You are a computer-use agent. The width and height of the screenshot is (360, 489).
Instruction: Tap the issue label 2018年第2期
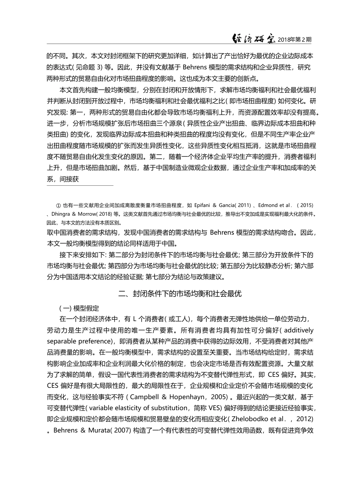[x=295, y=39]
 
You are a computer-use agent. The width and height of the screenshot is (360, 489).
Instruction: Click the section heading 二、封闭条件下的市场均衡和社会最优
[x=180, y=294]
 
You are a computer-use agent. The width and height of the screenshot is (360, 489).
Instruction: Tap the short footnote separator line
[x=80, y=186]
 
